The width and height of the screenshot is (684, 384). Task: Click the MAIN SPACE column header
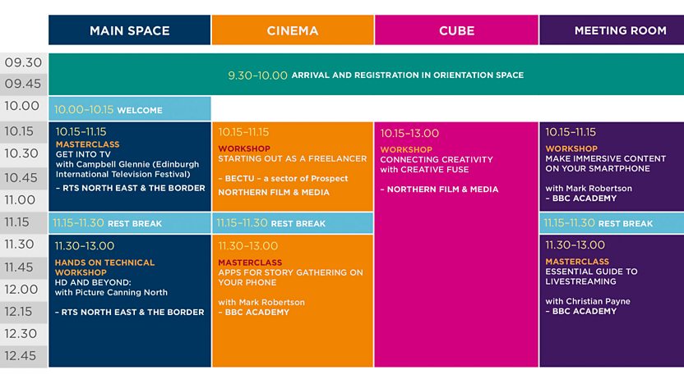130,30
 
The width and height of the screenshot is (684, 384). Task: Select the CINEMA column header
293,30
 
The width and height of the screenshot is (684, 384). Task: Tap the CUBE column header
456,30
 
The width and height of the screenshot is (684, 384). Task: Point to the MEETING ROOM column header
612,30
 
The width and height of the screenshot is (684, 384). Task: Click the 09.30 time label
23,62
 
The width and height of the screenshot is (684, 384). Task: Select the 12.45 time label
21,356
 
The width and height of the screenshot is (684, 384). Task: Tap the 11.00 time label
20,200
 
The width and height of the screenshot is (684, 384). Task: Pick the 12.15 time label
18,311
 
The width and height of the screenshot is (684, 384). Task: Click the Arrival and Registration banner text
376,75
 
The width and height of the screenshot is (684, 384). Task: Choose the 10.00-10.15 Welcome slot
130,109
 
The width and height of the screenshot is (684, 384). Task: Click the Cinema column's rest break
293,223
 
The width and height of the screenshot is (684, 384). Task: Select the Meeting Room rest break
612,223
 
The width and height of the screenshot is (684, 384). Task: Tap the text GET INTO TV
83,154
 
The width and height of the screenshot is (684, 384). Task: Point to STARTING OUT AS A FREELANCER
293,158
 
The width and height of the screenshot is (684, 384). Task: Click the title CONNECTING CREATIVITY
437,159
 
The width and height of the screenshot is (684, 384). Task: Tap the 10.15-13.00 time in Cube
409,133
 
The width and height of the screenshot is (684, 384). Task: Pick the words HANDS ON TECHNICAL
104,263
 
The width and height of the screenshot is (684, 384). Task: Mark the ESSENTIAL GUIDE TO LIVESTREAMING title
591,277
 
